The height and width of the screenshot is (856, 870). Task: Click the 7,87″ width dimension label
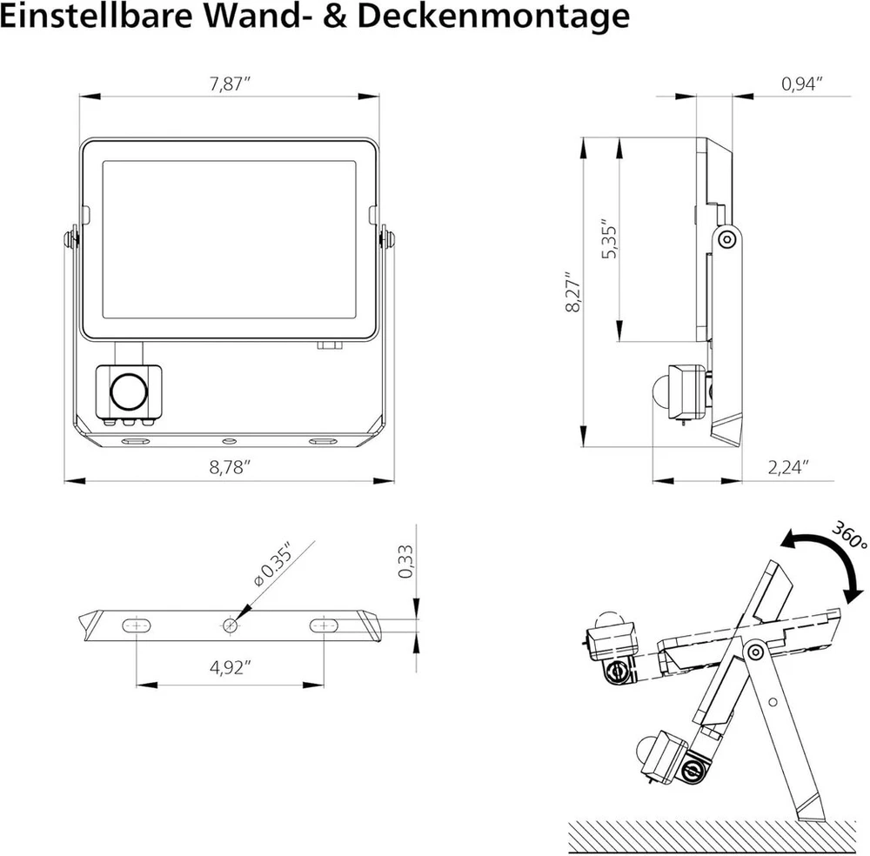coord(230,84)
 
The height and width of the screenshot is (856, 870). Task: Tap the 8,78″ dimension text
coord(230,468)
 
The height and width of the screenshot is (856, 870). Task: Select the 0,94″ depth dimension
coord(801,84)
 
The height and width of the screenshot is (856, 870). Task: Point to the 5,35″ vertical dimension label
coord(609,238)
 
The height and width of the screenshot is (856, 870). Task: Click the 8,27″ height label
coord(573,291)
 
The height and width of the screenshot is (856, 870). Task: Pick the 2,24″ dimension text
coord(788,468)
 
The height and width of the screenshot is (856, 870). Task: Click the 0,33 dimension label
coord(405,561)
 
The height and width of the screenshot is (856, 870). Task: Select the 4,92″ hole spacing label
coord(230,667)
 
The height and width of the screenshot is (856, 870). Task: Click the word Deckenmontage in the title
coord(493,17)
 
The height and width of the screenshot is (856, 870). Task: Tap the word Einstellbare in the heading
coord(96,16)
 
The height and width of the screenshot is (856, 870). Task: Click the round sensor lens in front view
coord(130,391)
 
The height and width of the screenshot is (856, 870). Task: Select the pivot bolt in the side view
coord(726,239)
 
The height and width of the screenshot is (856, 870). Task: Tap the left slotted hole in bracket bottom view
coord(136,625)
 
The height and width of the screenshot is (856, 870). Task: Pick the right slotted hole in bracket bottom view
coord(324,625)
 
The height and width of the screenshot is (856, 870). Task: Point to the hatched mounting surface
coord(713,837)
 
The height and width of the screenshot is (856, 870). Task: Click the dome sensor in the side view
coord(661,389)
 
